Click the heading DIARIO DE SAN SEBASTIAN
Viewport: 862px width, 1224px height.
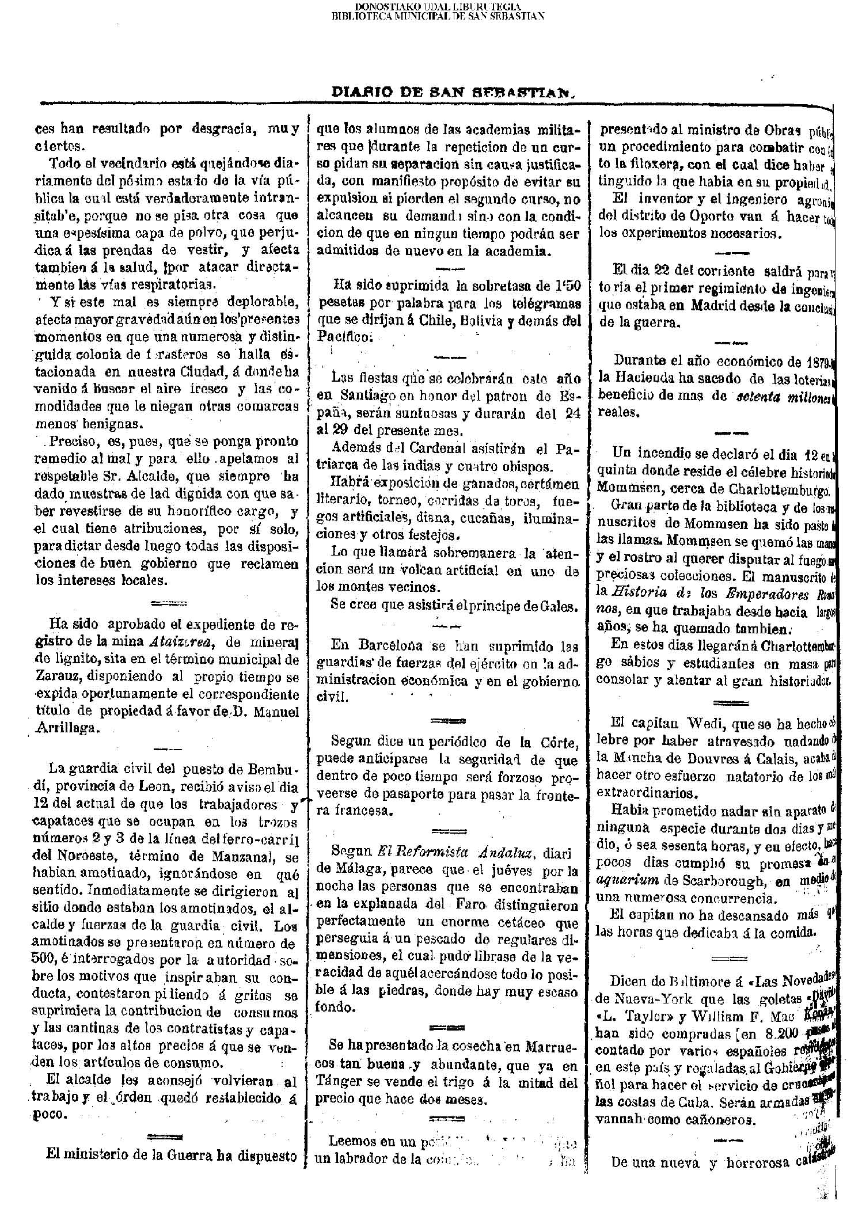pyautogui.click(x=454, y=92)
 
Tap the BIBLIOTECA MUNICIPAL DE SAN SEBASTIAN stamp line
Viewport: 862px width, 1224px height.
pyautogui.click(x=438, y=16)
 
